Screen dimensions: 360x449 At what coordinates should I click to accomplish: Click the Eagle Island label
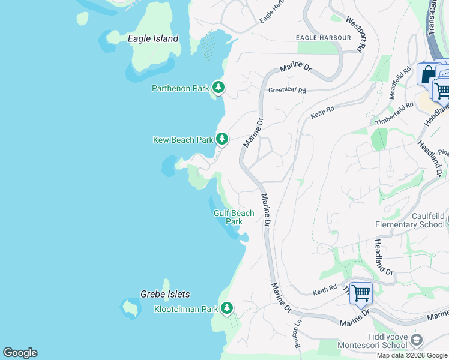click(153, 38)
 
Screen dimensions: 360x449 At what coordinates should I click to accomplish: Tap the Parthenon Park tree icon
click(218, 88)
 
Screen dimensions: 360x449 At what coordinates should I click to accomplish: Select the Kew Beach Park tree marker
click(222, 139)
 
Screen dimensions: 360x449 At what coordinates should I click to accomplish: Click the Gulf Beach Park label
click(234, 217)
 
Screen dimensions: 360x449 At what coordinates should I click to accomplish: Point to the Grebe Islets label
click(165, 294)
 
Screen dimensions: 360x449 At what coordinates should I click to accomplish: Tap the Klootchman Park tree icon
click(226, 308)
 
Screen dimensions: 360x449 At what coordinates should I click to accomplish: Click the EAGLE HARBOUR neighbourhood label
click(323, 38)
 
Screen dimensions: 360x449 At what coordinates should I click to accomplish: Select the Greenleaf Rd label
click(287, 91)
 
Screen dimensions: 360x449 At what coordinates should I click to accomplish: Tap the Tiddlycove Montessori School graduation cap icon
click(416, 341)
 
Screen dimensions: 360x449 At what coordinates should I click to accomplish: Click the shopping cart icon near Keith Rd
click(361, 293)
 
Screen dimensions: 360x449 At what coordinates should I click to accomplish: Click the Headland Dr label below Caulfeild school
click(384, 258)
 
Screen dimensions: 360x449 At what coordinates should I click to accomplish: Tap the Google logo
click(20, 353)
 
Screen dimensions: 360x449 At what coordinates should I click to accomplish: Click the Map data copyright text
click(412, 355)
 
